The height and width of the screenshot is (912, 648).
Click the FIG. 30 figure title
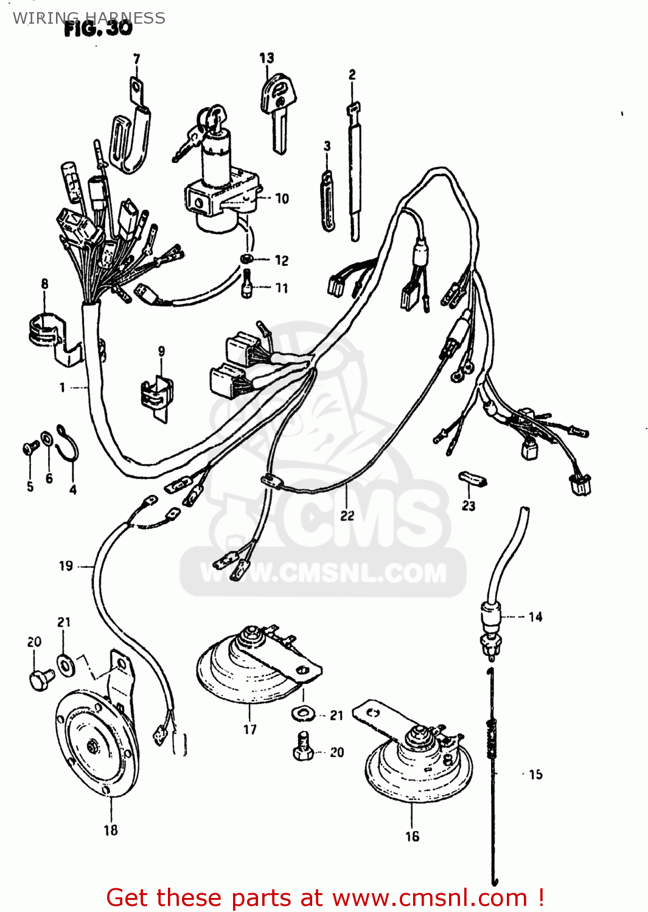99,29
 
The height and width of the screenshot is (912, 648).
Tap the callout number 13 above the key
267,58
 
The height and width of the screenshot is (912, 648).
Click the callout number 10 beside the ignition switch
282,198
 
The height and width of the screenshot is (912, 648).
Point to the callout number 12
281,260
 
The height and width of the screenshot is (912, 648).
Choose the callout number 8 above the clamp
44,284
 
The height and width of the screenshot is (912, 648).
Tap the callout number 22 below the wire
347,516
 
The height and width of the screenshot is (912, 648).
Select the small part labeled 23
473,480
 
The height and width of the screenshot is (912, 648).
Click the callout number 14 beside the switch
535,617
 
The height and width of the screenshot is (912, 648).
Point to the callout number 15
535,775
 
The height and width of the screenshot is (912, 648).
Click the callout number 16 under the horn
412,837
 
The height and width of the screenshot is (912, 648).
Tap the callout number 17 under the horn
250,730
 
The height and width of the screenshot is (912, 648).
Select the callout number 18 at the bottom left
110,831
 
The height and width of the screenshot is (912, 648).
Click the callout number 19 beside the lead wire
66,566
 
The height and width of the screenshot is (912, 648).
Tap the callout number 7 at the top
136,59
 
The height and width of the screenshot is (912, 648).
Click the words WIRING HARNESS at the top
89,18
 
